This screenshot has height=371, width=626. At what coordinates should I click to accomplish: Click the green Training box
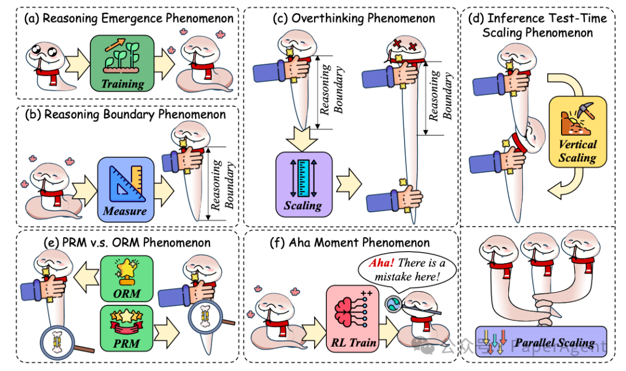pos(122,63)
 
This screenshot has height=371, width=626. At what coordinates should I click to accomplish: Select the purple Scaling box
pos(303,181)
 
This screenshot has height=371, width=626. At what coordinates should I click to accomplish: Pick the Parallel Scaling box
pos(540,342)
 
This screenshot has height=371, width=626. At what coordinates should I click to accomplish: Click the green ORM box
pos(127,277)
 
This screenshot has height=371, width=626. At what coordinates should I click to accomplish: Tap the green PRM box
pos(127,330)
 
